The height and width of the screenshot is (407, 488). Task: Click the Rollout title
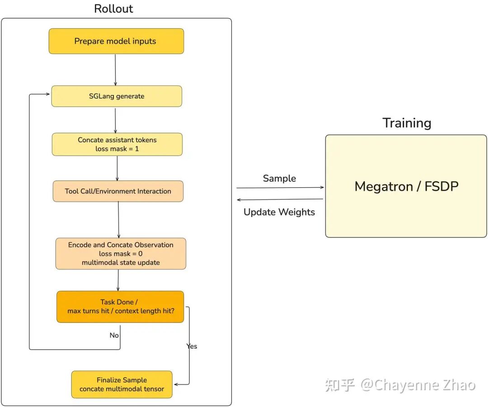[113, 9]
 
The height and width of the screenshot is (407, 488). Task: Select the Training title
[407, 123]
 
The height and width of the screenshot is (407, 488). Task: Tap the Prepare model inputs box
[116, 41]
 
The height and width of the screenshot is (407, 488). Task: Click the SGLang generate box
[117, 96]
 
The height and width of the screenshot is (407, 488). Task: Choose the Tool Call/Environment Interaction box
[118, 191]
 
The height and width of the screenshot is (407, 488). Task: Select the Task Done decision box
[120, 307]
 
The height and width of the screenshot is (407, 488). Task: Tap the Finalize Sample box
[122, 384]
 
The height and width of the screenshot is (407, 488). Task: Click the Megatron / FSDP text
[406, 186]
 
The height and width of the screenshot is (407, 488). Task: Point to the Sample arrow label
[279, 179]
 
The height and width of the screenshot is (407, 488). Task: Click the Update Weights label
[279, 212]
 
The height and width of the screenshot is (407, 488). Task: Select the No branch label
[114, 335]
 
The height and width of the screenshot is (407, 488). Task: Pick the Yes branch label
[192, 346]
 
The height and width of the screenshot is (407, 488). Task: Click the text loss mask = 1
[117, 149]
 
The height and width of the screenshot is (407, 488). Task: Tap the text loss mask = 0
[121, 254]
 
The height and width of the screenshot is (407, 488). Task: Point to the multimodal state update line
[121, 263]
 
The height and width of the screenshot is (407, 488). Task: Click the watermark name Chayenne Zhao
[418, 385]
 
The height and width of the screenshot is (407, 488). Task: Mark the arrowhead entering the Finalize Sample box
[176, 384]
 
